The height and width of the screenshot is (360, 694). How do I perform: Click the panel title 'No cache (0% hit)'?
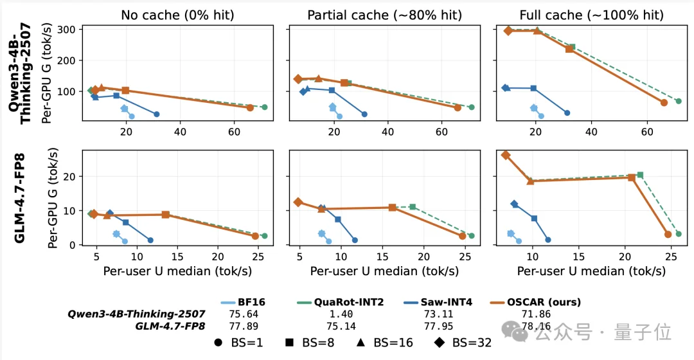(177, 15)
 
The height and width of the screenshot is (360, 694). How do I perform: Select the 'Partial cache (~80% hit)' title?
(385, 15)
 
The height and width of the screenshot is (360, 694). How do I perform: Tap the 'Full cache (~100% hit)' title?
(592, 15)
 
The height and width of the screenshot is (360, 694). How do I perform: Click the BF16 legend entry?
(243, 302)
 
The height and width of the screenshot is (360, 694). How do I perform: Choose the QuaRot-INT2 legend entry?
(341, 302)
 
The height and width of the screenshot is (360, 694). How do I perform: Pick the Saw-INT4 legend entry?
(438, 302)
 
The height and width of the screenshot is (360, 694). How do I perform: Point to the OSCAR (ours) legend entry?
(536, 302)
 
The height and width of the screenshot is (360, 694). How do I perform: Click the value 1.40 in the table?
(341, 314)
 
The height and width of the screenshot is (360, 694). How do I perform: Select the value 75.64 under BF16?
(244, 314)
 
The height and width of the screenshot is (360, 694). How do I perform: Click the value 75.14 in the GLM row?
(341, 327)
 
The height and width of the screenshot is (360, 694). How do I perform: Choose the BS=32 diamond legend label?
(463, 343)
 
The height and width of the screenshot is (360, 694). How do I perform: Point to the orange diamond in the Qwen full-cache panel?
(508, 31)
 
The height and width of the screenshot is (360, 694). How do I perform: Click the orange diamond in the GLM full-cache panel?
(506, 155)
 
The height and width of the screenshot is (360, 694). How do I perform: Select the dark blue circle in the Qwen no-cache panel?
(157, 114)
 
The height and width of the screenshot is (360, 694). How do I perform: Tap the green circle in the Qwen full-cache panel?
(679, 102)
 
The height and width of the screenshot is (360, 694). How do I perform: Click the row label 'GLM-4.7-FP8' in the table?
(170, 327)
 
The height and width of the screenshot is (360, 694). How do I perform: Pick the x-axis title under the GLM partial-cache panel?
(384, 271)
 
